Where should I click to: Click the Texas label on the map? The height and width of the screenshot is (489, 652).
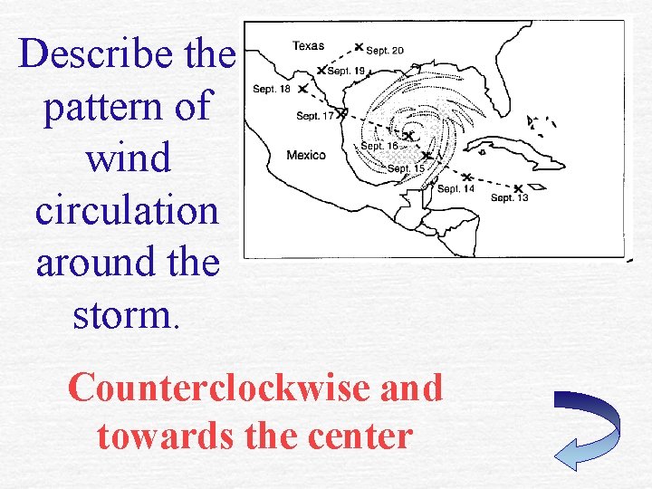coord(308,45)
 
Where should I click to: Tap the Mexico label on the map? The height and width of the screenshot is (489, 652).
coord(305,155)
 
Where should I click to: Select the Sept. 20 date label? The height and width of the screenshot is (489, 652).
coord(385,50)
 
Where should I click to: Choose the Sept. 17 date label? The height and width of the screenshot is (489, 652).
coord(315,115)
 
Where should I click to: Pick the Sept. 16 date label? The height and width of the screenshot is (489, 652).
coord(379,146)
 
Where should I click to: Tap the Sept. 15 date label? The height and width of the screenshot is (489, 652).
coord(406,168)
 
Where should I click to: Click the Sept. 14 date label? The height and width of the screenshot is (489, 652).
coord(455,188)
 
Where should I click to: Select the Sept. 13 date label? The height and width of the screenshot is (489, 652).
coord(509,197)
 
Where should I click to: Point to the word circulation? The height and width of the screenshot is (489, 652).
coord(127,210)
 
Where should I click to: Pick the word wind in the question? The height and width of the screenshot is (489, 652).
coord(127,158)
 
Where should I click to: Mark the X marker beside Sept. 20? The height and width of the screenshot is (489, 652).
coord(359,46)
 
